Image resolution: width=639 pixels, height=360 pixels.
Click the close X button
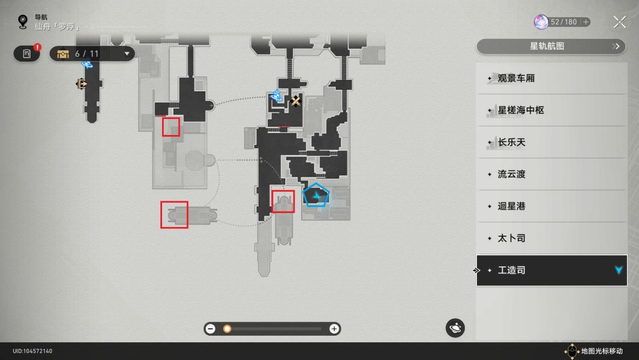coord(619,22)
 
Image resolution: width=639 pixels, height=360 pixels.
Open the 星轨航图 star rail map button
coord(551,46)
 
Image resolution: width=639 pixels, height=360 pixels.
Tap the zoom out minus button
coord(210,329)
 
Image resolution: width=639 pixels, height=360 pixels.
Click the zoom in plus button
coord(334,329)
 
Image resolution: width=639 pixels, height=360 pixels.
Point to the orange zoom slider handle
coord(227,329)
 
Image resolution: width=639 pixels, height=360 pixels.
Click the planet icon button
coord(455,328)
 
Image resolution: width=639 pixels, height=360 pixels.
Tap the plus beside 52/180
coord(586,22)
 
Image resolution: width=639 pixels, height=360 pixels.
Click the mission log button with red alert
coord(27,53)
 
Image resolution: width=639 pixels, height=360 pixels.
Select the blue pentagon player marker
coord(316,195)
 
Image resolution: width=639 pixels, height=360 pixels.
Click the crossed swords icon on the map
coord(296,101)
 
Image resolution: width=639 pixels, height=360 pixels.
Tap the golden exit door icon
coord(82,84)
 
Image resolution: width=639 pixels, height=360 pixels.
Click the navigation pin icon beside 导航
coord(23,21)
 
